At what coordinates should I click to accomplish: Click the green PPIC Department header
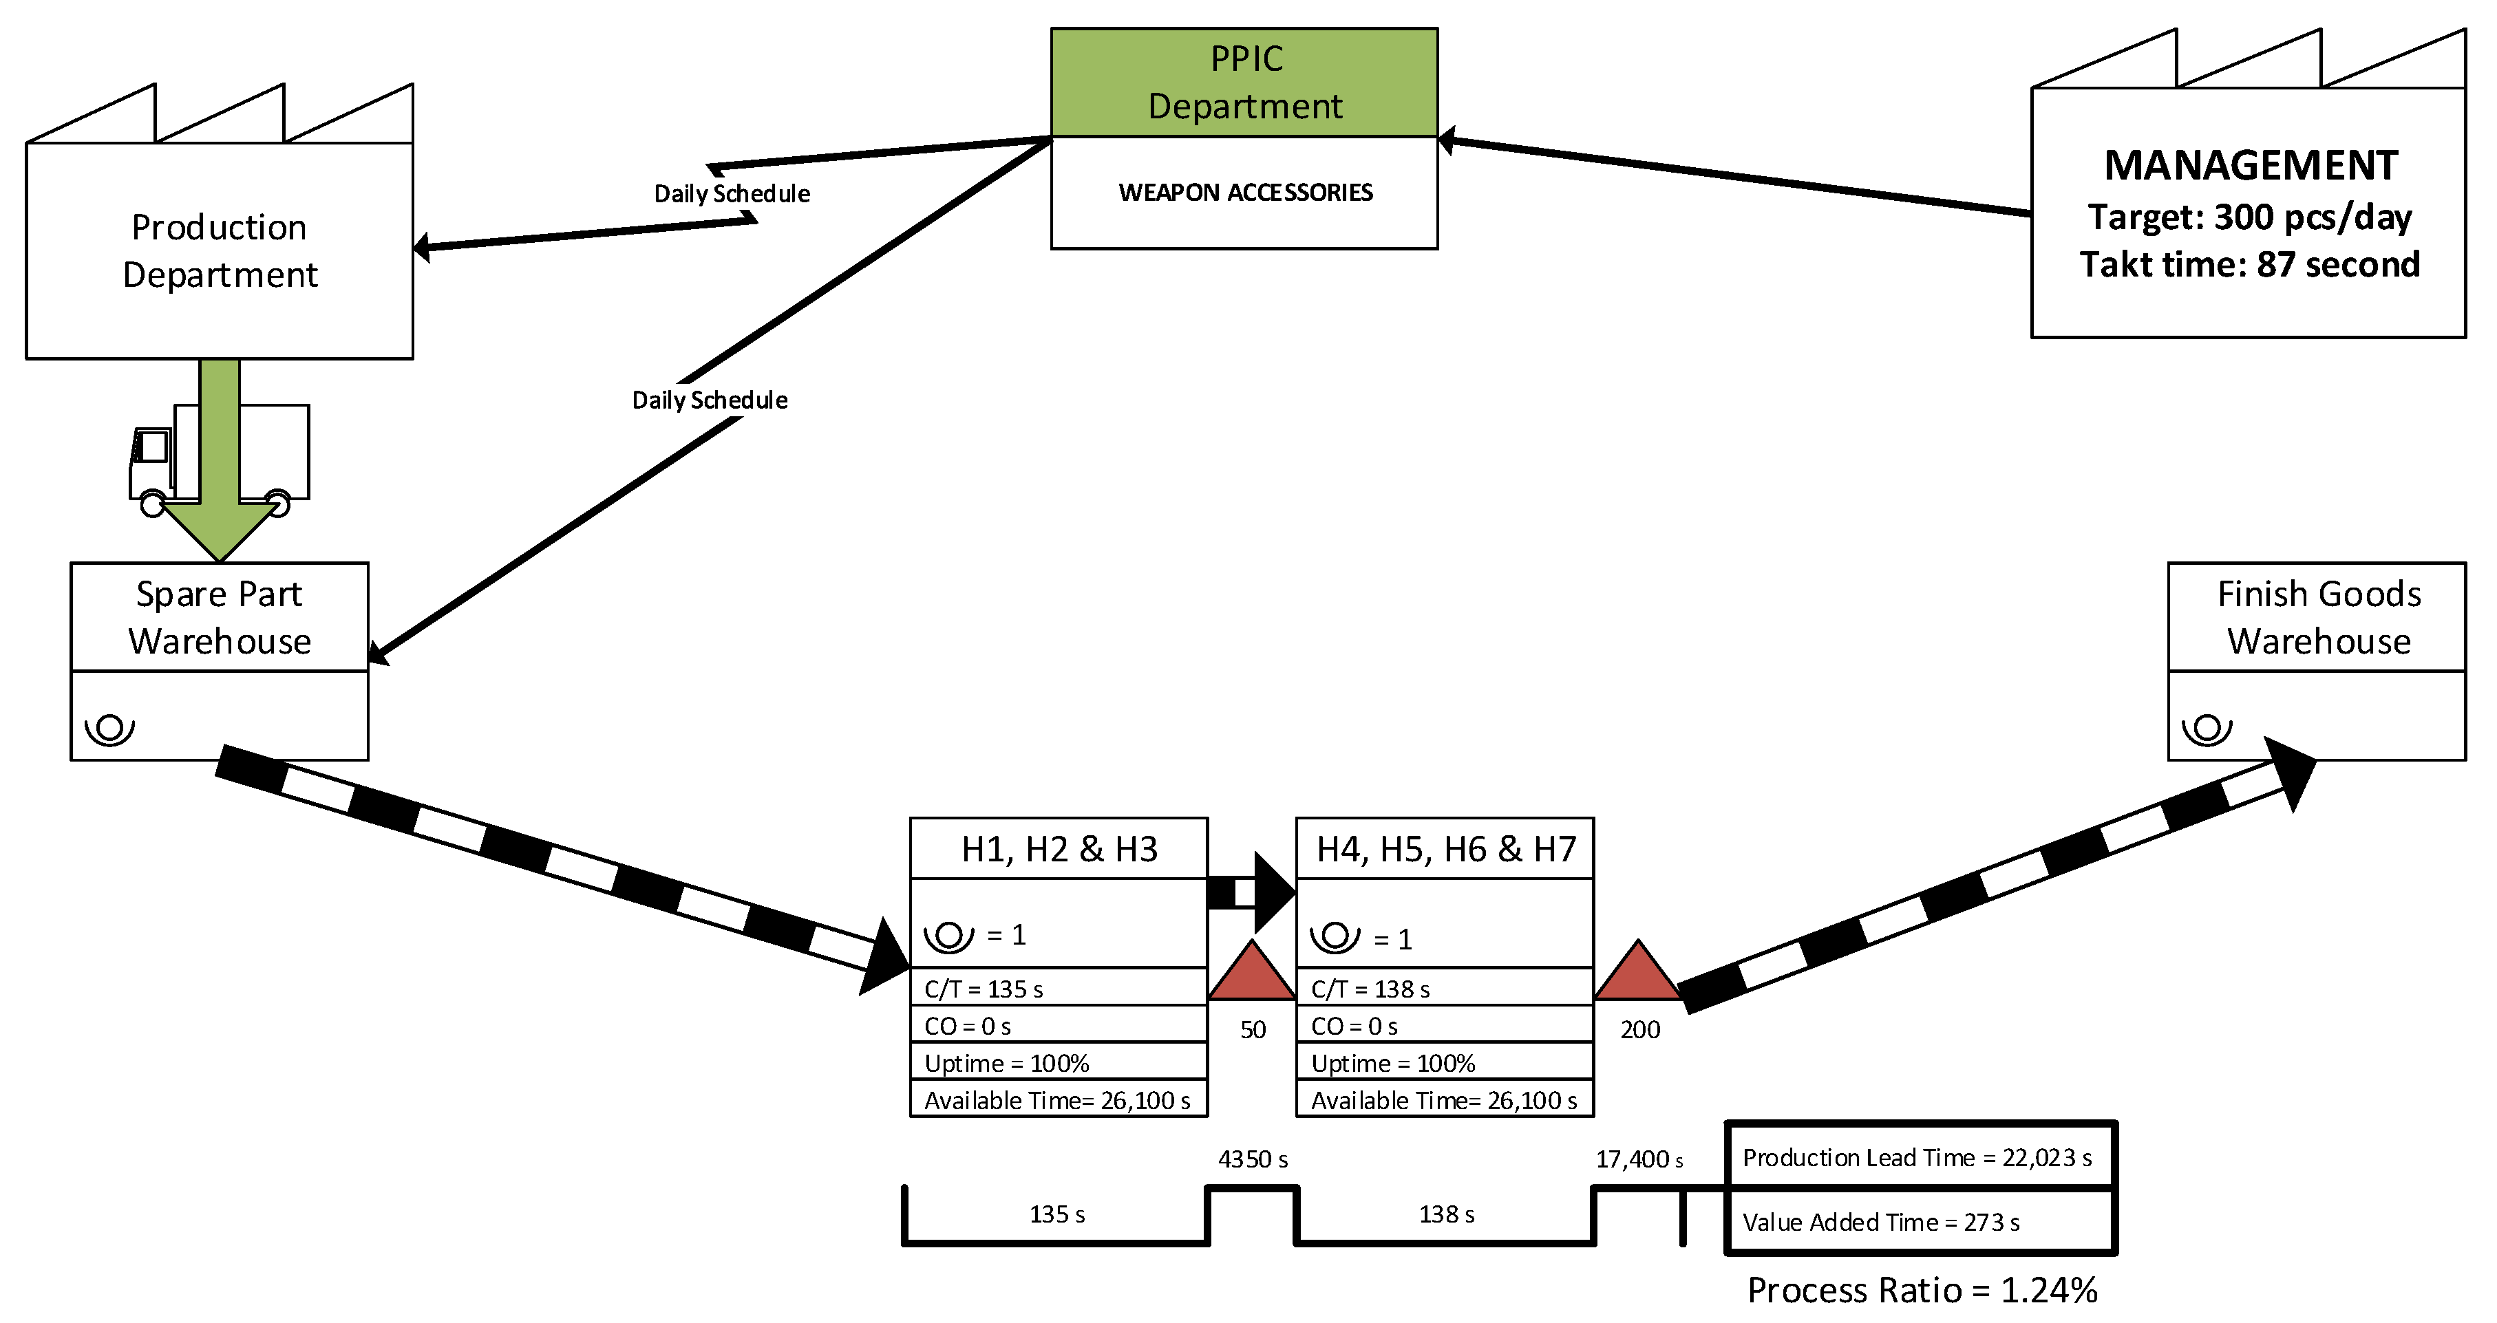1244,83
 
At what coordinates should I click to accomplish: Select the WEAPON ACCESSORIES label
1244,193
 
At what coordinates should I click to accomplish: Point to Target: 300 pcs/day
2249,217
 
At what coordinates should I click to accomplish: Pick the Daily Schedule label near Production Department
732,194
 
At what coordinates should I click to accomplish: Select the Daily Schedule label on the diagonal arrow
710,400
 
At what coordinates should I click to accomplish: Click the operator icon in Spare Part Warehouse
109,728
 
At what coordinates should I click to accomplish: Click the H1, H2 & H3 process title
1059,849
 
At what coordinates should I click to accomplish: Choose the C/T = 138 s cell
1444,989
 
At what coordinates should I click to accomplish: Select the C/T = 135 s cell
1058,989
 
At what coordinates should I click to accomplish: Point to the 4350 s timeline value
1253,1159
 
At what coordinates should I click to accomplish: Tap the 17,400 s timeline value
1638,1159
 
